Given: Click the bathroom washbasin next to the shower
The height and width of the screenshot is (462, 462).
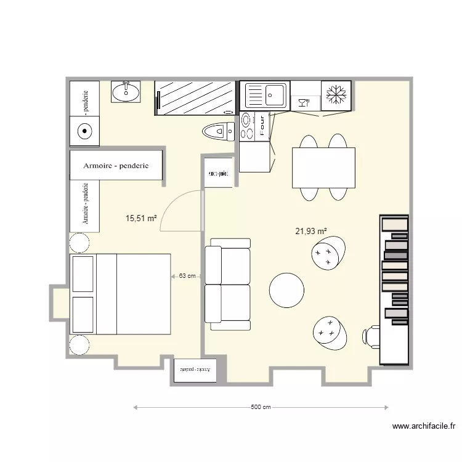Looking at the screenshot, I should click(x=126, y=92).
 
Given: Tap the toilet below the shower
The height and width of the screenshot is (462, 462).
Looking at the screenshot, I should click(x=218, y=131).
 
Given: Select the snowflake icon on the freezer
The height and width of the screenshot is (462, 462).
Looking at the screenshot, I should click(x=336, y=95).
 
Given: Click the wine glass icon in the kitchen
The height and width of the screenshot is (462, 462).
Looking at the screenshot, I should click(x=303, y=102).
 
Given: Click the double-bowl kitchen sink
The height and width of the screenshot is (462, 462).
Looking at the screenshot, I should click(x=265, y=95).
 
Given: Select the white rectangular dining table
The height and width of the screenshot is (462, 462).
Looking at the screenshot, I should click(x=323, y=168).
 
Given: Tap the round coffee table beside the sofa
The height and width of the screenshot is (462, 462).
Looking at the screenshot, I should click(x=286, y=290).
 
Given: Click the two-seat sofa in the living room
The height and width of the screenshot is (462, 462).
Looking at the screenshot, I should click(x=228, y=283).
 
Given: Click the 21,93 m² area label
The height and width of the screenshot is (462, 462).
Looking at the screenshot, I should click(x=310, y=232).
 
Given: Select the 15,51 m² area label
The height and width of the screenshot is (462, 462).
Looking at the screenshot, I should click(x=141, y=218).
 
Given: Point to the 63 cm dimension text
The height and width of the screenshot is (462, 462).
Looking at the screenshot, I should click(x=187, y=276).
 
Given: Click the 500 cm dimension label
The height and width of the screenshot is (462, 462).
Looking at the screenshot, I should click(x=261, y=407).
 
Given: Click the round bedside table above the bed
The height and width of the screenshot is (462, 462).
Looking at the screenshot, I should click(x=79, y=243).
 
